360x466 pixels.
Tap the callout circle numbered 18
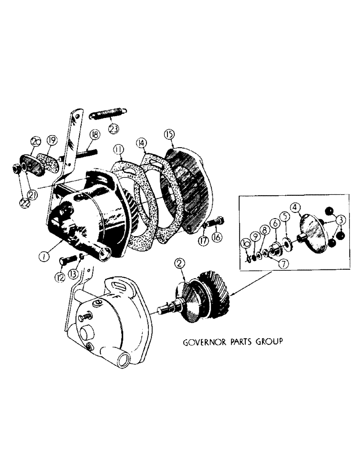pyautogui.click(x=95, y=135)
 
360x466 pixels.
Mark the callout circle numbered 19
pyautogui.click(x=51, y=139)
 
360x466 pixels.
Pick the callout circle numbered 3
pyautogui.click(x=341, y=219)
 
